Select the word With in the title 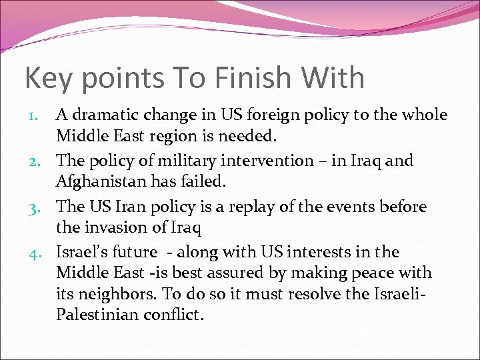pyautogui.click(x=332, y=77)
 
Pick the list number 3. pyautogui.click(x=41, y=207)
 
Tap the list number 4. pyautogui.click(x=41, y=253)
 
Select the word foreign pyautogui.click(x=271, y=115)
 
